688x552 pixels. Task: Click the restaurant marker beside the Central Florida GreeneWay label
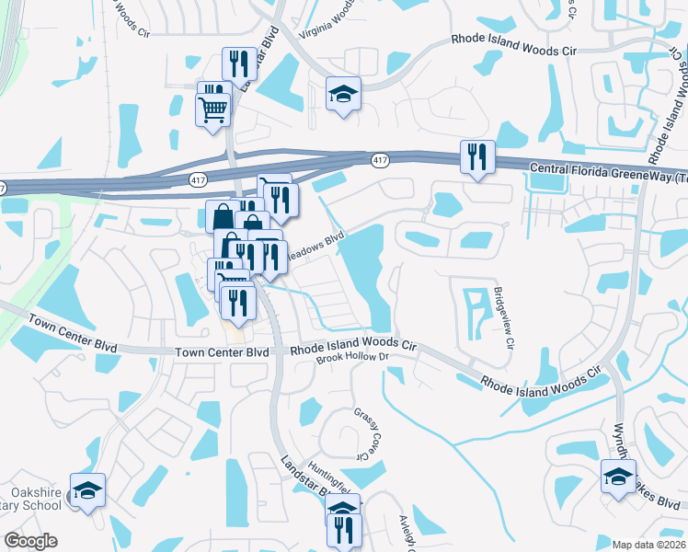click(x=476, y=156)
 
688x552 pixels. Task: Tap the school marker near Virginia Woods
click(x=343, y=93)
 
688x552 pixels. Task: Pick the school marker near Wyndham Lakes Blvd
click(x=618, y=477)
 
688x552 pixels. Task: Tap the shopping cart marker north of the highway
click(x=213, y=109)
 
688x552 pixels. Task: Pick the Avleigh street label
click(x=405, y=532)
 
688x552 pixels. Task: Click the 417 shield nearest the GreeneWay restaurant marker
click(x=379, y=161)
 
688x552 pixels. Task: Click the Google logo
click(x=30, y=541)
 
